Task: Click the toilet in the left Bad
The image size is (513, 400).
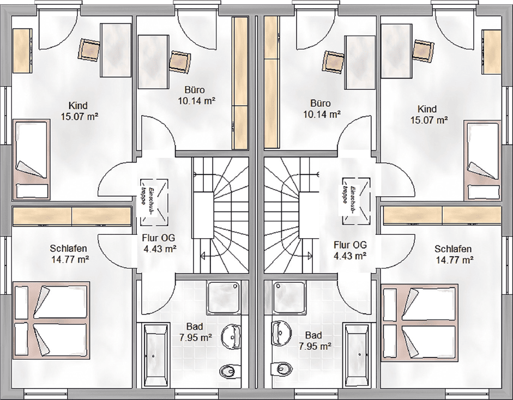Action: pos(227,371)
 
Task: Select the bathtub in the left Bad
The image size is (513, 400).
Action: pos(153,354)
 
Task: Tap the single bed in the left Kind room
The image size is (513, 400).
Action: pos(32,159)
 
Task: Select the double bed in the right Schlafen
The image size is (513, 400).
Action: pos(420,323)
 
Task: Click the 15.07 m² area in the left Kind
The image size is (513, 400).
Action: pos(80,117)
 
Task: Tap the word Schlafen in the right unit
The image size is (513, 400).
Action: pos(453,249)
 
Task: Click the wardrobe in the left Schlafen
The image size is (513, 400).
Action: pos(72,216)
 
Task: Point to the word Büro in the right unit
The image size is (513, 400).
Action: pos(321,104)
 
